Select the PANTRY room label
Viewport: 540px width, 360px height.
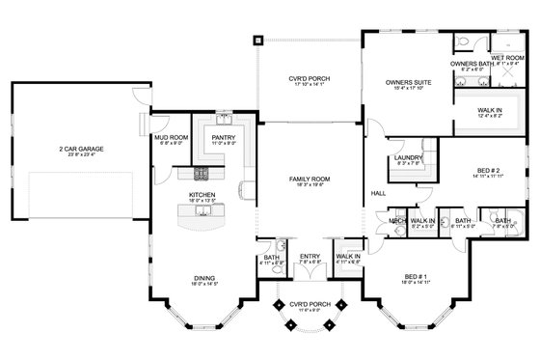pyautogui.click(x=223, y=137)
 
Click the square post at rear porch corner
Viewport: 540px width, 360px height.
pyautogui.click(x=258, y=41)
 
